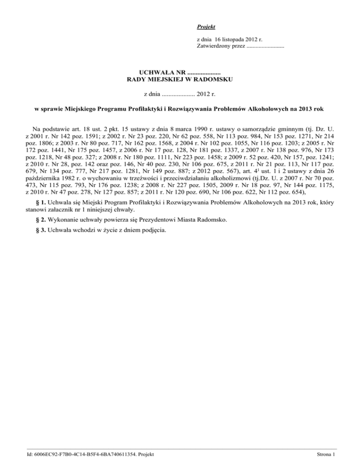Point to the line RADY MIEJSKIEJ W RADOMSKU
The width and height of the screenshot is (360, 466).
(x=180, y=80)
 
